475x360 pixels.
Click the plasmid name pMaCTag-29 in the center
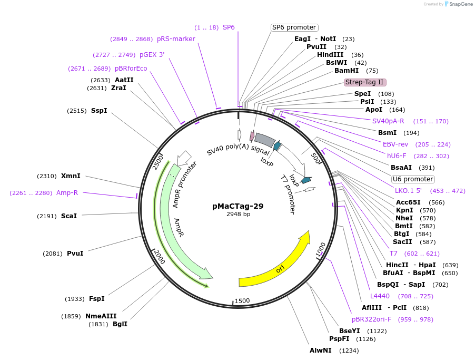pyautogui.click(x=237, y=206)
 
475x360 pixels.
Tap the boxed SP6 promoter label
pyautogui.click(x=294, y=27)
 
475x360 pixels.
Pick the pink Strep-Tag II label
pyautogui.click(x=365, y=82)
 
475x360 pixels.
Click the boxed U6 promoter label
pyautogui.click(x=412, y=179)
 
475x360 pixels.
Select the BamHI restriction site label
pyautogui.click(x=347, y=71)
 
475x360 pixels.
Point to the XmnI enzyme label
pyautogui.click(x=71, y=176)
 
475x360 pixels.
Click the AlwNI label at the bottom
pyautogui.click(x=320, y=350)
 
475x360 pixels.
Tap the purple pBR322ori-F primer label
pyautogui.click(x=371, y=319)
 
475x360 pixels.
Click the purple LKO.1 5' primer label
pyautogui.click(x=408, y=190)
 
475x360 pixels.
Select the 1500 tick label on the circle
pyautogui.click(x=242, y=300)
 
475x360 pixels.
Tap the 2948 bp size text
pyautogui.click(x=238, y=214)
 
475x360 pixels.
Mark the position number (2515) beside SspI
pyautogui.click(x=76, y=111)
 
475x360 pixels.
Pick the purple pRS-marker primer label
pyautogui.click(x=176, y=39)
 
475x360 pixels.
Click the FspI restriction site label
pyautogui.click(x=96, y=299)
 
